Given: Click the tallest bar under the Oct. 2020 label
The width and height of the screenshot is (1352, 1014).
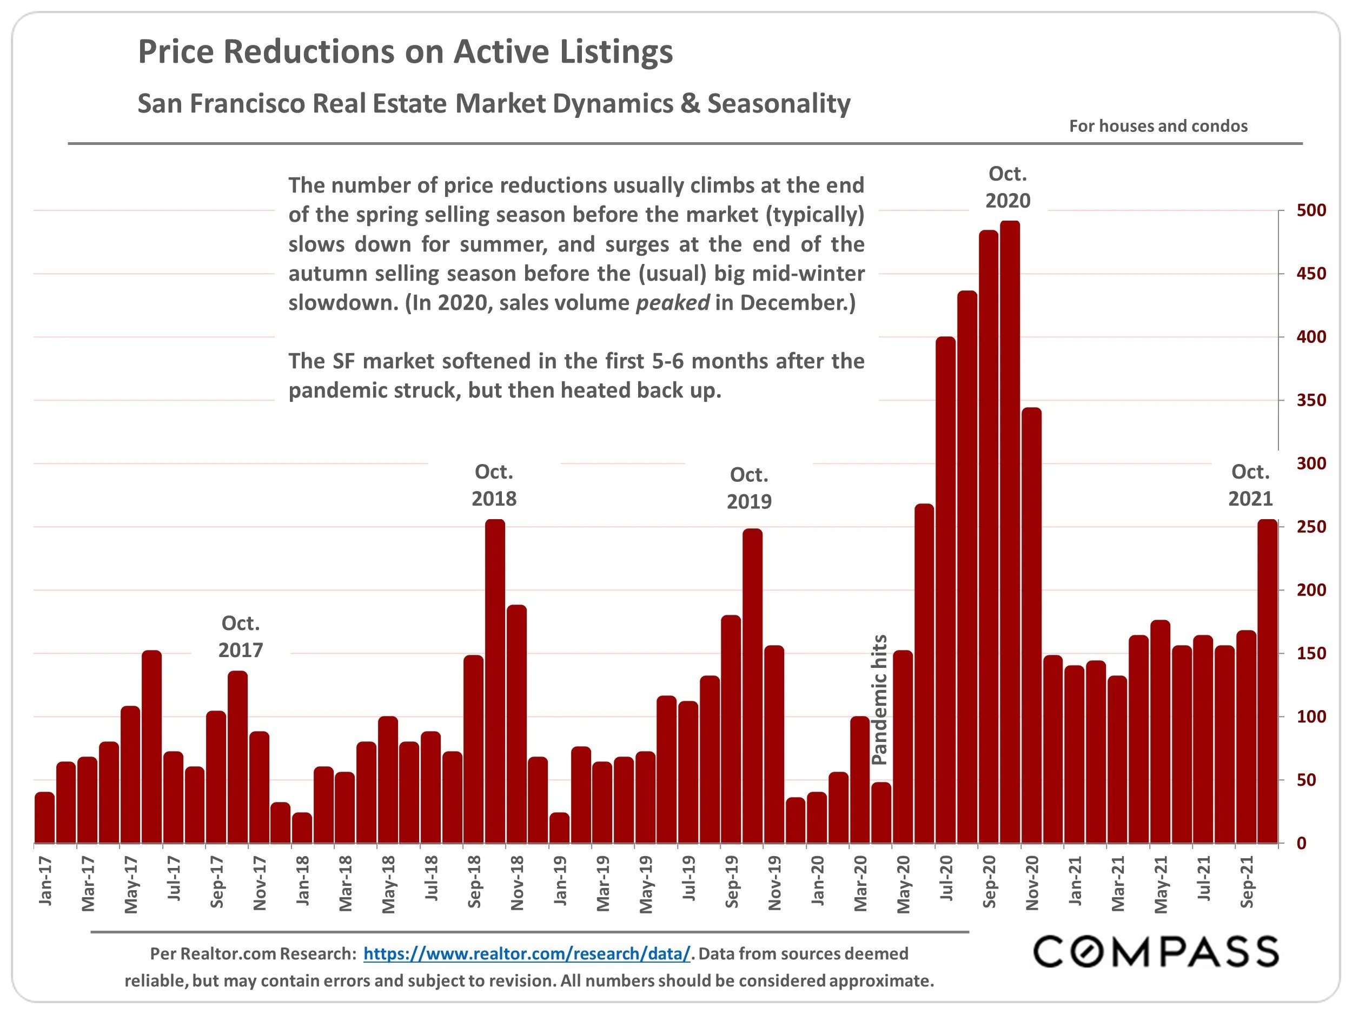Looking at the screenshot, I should pyautogui.click(x=1010, y=532).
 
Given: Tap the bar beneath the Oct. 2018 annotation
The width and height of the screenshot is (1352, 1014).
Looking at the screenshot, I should pyautogui.click(x=495, y=681).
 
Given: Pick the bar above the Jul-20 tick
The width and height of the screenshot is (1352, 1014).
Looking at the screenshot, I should pyautogui.click(x=945, y=590).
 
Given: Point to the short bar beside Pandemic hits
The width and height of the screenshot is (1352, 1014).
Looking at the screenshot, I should pyautogui.click(x=881, y=813).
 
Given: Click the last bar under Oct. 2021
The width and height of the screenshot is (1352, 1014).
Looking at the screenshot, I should pyautogui.click(x=1267, y=681).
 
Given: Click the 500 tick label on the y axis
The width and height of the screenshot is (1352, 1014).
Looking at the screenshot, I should pyautogui.click(x=1311, y=210).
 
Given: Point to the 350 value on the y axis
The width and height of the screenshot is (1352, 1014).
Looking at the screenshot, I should pyautogui.click(x=1311, y=400).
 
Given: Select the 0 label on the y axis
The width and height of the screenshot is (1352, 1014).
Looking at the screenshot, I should pyautogui.click(x=1301, y=844).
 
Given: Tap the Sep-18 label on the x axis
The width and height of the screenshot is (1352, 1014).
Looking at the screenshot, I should pyautogui.click(x=474, y=882).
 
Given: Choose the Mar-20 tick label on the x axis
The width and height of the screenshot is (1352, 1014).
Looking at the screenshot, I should pyautogui.click(x=860, y=883).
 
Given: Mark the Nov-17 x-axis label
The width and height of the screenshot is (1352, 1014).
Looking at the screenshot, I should pyautogui.click(x=260, y=883).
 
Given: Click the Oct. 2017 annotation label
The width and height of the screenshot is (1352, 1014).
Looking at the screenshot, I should pyautogui.click(x=241, y=637).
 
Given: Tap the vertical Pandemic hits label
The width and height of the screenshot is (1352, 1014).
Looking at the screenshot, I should pyautogui.click(x=879, y=700).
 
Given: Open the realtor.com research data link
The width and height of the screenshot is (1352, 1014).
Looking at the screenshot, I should pyautogui.click(x=527, y=953).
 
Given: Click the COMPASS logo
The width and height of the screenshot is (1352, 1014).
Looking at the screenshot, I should pyautogui.click(x=1156, y=952).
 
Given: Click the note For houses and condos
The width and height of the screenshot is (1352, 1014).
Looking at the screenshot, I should pyautogui.click(x=1158, y=126).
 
